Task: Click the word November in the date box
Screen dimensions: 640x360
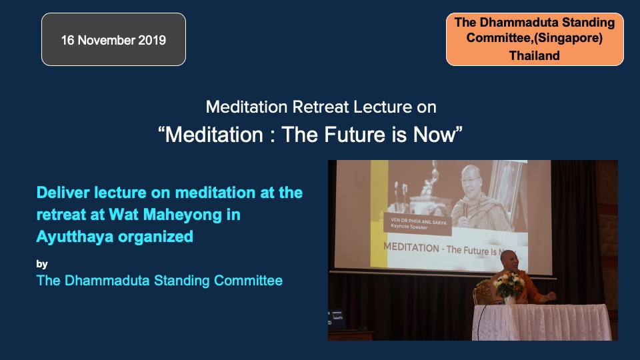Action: pyautogui.click(x=106, y=40)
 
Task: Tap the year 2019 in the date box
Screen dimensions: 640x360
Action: pyautogui.click(x=152, y=40)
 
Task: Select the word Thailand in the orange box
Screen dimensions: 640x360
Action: pyautogui.click(x=534, y=55)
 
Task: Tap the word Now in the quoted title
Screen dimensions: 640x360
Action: pyautogui.click(x=433, y=134)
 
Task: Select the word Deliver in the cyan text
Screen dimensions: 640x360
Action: pyautogui.click(x=63, y=192)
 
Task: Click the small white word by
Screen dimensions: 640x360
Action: pyautogui.click(x=42, y=264)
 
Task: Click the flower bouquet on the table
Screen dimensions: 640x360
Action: pyautogui.click(x=509, y=285)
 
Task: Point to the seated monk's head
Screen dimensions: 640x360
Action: pyautogui.click(x=509, y=261)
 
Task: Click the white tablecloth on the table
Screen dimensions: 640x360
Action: pyautogui.click(x=541, y=322)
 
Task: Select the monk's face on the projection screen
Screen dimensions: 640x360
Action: pyautogui.click(x=472, y=180)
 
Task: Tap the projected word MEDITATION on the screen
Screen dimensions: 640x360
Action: pyautogui.click(x=411, y=247)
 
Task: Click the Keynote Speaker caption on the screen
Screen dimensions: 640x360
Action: pyautogui.click(x=409, y=227)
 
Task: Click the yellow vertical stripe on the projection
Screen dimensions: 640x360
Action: pyautogui.click(x=379, y=213)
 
